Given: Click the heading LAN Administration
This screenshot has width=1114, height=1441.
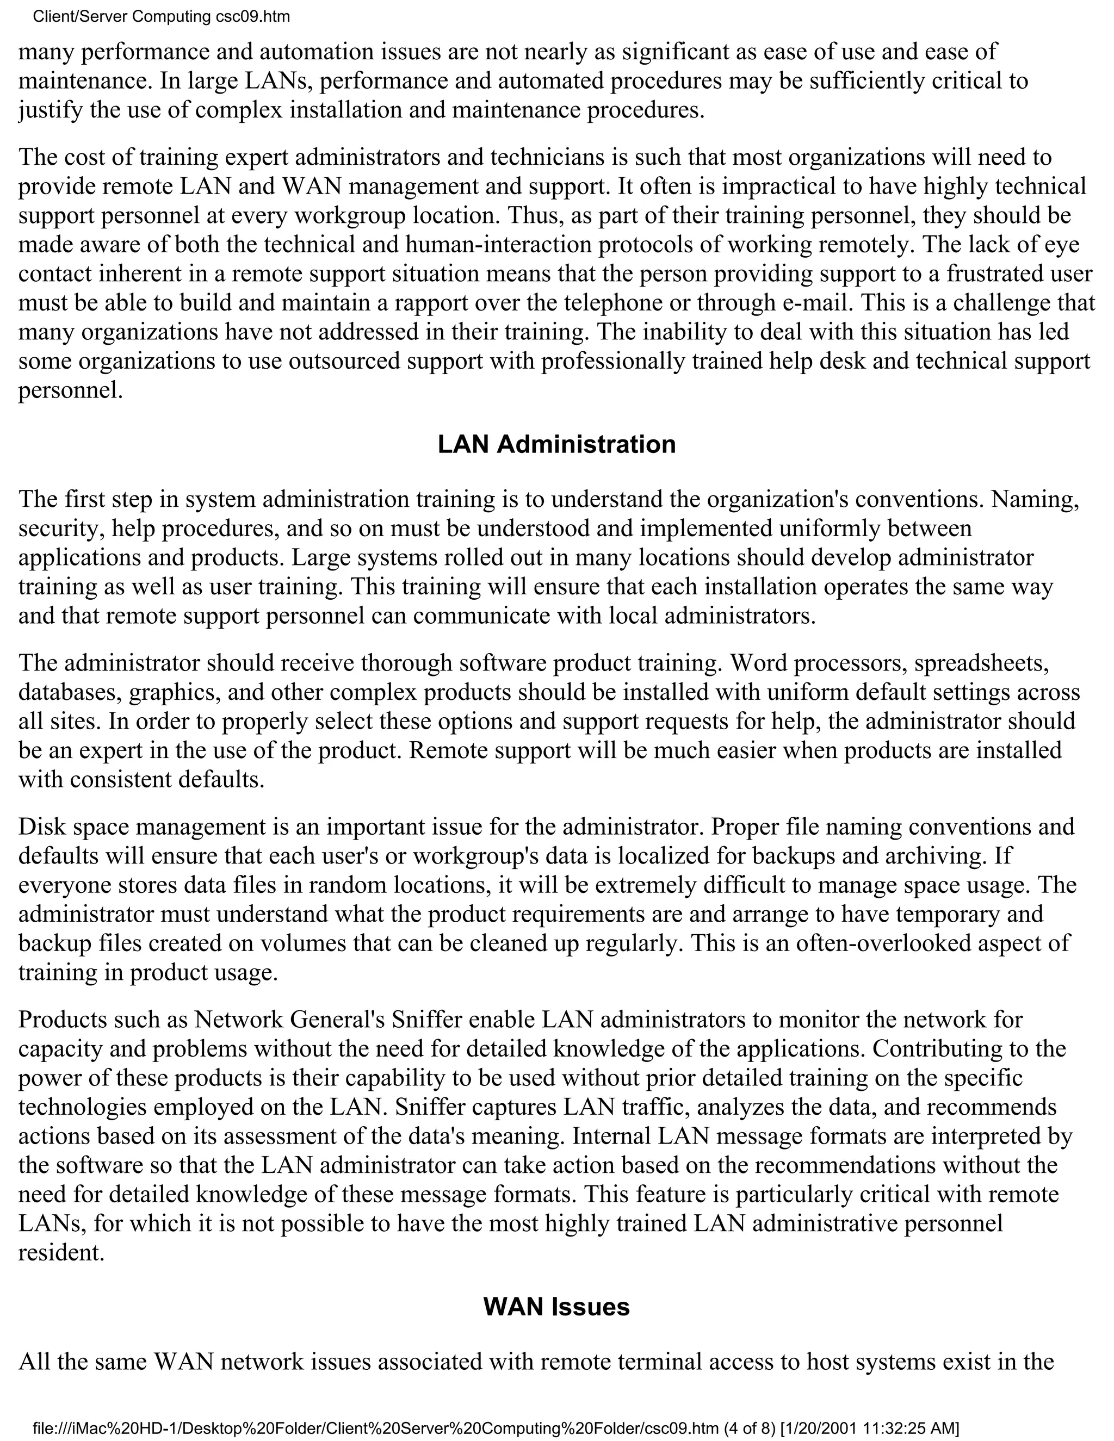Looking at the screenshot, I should [x=556, y=444].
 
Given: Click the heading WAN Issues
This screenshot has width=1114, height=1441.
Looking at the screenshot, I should [x=556, y=1306].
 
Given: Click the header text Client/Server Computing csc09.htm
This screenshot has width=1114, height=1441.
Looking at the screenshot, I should [x=161, y=16].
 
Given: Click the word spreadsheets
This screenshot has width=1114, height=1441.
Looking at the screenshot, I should [x=982, y=662].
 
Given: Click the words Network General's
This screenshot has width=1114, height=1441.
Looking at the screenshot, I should [x=290, y=1020].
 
